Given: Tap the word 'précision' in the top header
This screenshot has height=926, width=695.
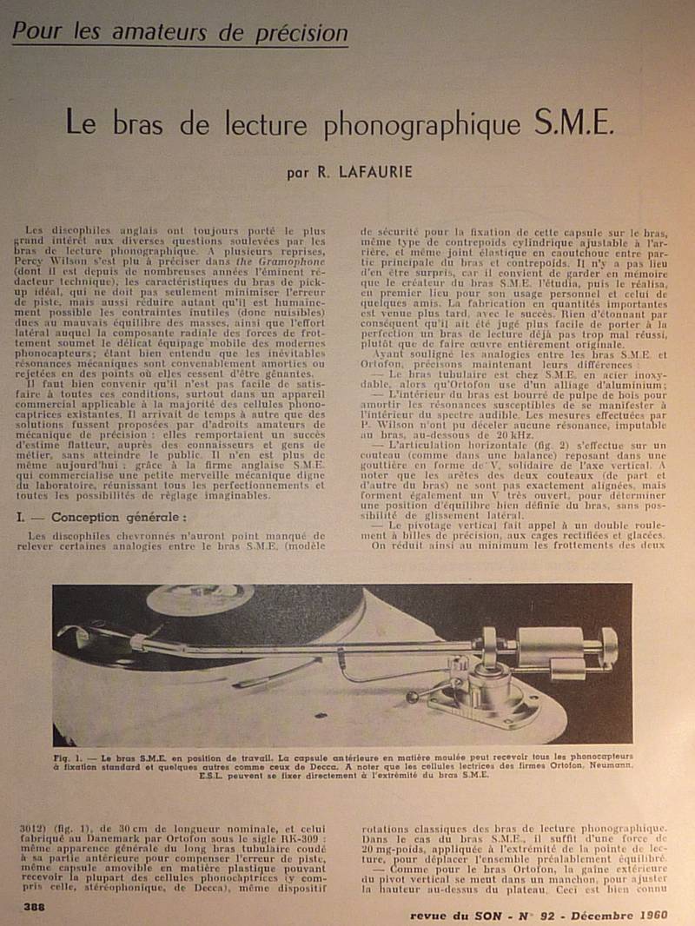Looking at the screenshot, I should coord(301,33).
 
